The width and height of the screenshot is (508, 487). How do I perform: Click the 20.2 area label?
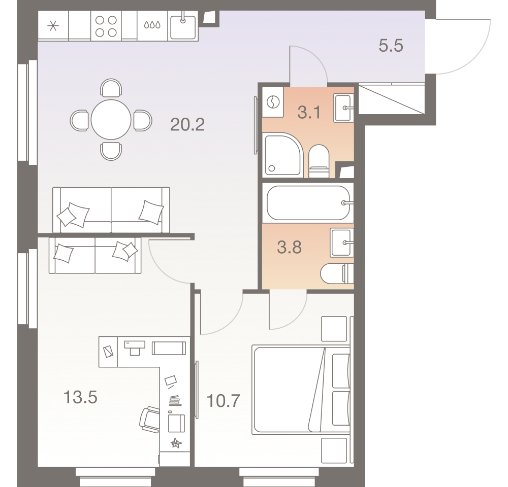[187, 124]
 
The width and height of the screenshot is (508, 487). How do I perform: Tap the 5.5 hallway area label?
[391, 47]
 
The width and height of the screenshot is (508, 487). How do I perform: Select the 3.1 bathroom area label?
[309, 112]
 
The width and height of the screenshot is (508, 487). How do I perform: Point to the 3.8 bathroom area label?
[289, 248]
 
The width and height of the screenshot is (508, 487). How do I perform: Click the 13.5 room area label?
[80, 397]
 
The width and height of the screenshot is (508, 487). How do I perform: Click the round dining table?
[111, 120]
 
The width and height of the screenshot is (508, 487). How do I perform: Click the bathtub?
[307, 203]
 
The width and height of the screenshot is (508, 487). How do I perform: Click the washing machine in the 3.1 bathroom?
[273, 102]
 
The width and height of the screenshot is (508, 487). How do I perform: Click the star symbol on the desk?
[176, 443]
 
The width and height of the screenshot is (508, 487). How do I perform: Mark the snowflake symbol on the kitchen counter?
[53, 26]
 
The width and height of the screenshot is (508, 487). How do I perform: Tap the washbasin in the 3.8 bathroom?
[341, 240]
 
